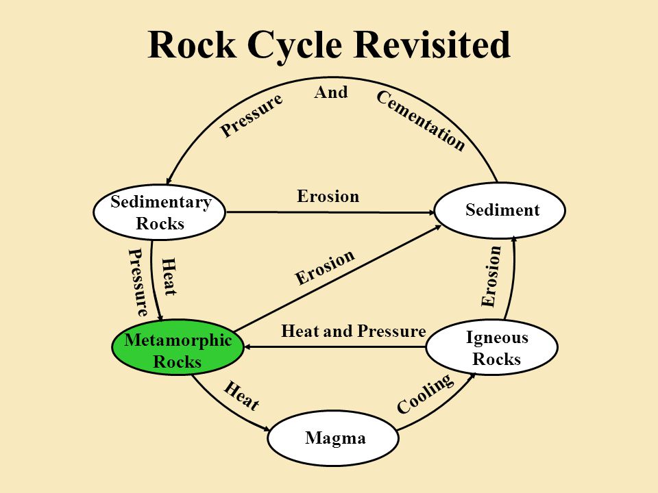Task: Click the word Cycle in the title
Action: coord(294,45)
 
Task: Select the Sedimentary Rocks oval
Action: coord(160,212)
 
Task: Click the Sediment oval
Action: coord(500,210)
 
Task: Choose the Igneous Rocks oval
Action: coord(492,348)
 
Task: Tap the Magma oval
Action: coord(333,438)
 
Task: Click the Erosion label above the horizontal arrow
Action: coord(328,197)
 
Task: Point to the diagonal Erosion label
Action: coord(325,267)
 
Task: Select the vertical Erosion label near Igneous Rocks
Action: coord(491,277)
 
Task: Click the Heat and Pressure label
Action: coord(354,331)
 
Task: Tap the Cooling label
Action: coord(425,394)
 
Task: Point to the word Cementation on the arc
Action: coord(421,121)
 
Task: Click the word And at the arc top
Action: coord(331,92)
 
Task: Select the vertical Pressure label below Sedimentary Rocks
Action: coord(138,282)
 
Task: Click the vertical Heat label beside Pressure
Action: coord(169,277)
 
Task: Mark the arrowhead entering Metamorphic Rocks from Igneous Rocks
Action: coord(247,347)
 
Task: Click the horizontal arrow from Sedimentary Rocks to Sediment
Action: coord(330,212)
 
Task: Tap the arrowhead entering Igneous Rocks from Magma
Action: coord(472,376)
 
